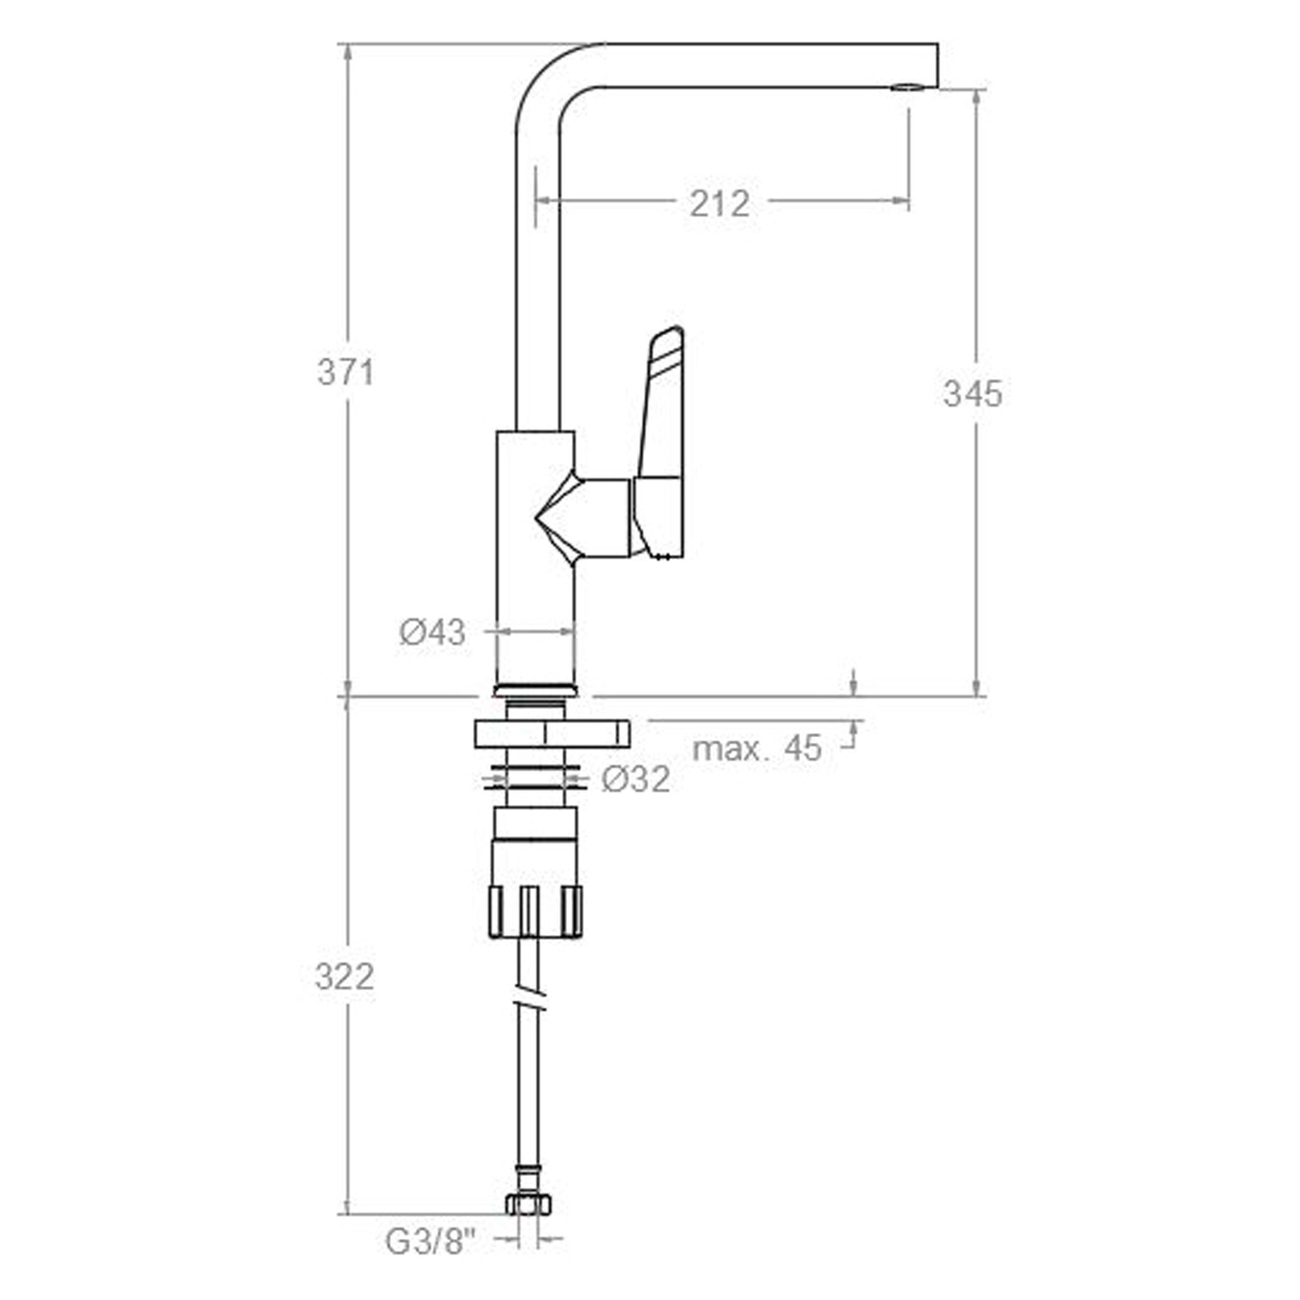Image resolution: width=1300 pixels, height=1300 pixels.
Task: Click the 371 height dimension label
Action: (345, 372)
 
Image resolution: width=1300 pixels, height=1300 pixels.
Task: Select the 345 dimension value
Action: (972, 394)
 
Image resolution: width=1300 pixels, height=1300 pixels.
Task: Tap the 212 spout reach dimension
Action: (720, 203)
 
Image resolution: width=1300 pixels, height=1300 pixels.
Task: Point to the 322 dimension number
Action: (344, 976)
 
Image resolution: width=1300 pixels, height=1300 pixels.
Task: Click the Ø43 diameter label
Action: (432, 632)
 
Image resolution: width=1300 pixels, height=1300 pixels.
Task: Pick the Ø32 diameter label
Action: (635, 779)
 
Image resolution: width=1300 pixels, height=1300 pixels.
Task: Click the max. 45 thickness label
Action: (757, 747)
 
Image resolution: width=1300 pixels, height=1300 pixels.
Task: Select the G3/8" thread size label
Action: (431, 1260)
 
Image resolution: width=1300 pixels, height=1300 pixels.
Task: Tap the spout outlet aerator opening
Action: (905, 87)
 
